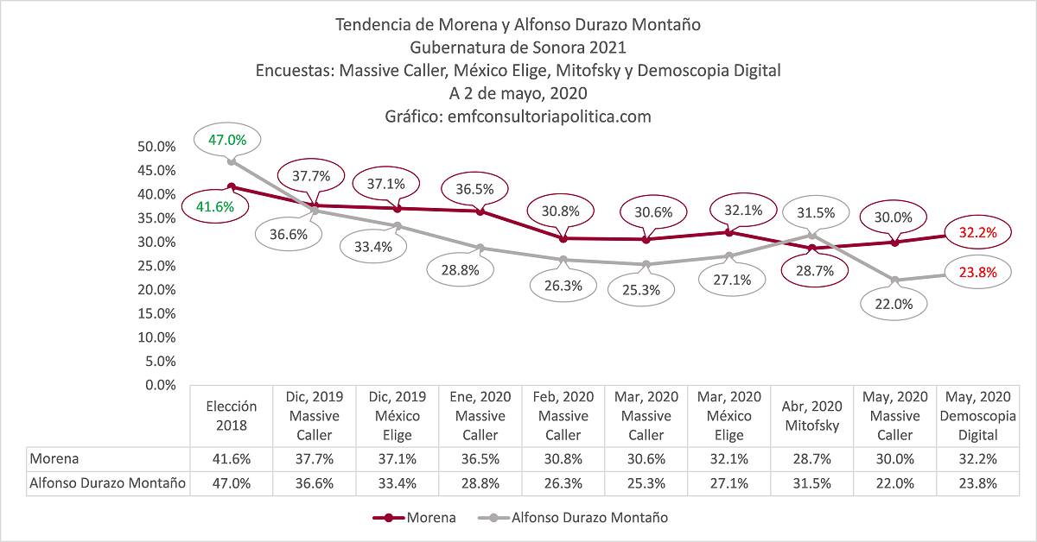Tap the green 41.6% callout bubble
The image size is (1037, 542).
[x=214, y=207]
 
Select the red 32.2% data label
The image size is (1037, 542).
[x=977, y=232]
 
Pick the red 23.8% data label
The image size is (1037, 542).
[x=977, y=273]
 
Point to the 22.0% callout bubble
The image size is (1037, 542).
[x=894, y=304]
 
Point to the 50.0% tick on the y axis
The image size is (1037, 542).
[x=157, y=147]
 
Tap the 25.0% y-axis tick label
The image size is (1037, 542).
[x=157, y=266]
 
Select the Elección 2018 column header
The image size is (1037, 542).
[x=232, y=416]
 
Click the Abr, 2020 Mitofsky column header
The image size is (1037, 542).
[x=813, y=416]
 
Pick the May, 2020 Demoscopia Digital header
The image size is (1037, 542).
[x=977, y=416]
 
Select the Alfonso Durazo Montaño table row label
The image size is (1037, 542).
[x=108, y=483]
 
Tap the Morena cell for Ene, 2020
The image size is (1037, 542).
[x=480, y=459]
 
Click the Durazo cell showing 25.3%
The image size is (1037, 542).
[x=646, y=483]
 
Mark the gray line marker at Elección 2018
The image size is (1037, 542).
[x=231, y=161]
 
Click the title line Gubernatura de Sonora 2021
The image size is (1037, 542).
[x=518, y=47]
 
